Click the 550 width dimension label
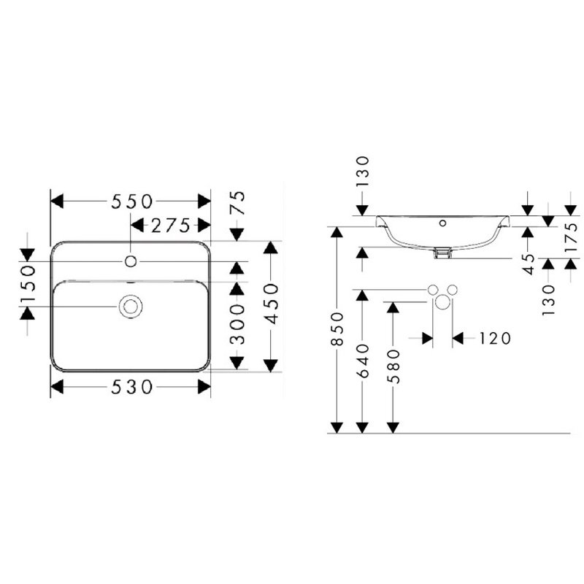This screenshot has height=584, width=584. click(x=132, y=201)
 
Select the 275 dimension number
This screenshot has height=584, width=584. click(x=171, y=226)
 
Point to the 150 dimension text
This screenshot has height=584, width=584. click(x=28, y=283)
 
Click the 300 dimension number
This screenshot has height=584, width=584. click(x=237, y=324)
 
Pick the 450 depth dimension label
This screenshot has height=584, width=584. click(x=271, y=304)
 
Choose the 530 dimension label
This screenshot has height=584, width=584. click(x=132, y=387)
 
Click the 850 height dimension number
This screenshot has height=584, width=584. click(x=337, y=328)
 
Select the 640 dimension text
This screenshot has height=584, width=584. click(x=363, y=361)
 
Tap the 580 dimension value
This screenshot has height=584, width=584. click(x=393, y=366)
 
